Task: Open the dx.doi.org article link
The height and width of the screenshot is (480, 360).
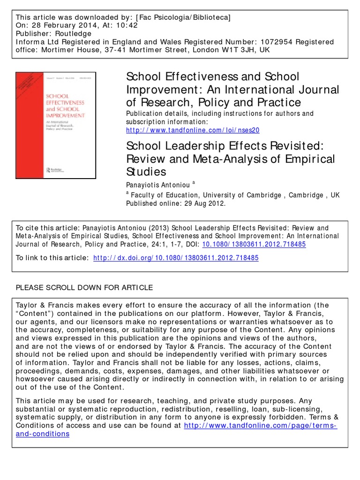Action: (x=176, y=258)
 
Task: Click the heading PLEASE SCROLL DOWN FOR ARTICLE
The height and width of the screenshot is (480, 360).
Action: (x=84, y=287)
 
